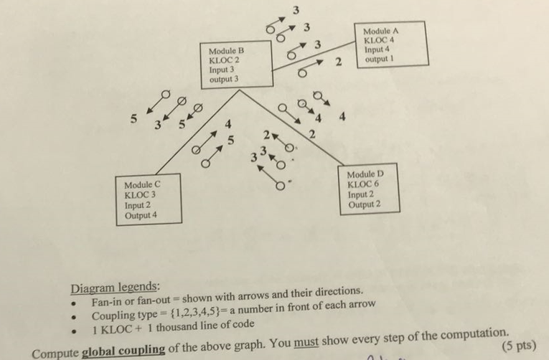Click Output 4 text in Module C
pyautogui.click(x=141, y=215)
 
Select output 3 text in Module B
pyautogui.click(x=224, y=80)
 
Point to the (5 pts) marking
pyautogui.click(x=520, y=345)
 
